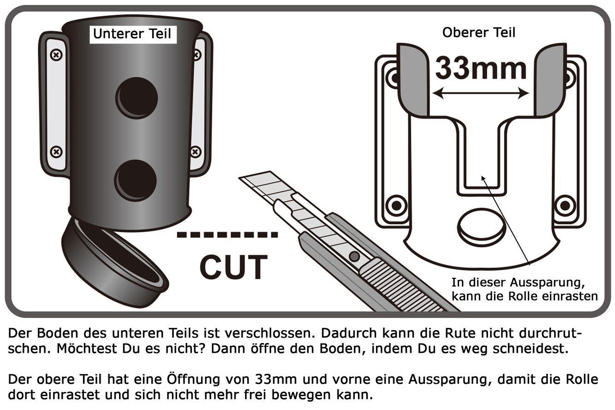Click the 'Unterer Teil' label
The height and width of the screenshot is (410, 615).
[132, 34]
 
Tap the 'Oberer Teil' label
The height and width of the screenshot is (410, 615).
[478, 32]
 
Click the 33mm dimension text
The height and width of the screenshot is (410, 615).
[481, 68]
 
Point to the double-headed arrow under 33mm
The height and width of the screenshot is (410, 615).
[481, 93]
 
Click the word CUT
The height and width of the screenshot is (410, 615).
[233, 267]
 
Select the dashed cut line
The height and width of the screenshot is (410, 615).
[227, 235]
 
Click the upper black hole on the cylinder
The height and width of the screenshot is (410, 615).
[137, 98]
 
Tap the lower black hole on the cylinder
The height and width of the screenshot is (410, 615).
[136, 181]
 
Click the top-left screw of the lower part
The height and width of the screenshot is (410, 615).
[56, 55]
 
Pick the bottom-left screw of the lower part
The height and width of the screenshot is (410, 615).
[56, 152]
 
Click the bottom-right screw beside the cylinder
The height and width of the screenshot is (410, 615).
[195, 152]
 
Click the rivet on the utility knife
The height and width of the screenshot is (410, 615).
[354, 257]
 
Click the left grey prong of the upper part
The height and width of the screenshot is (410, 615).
[413, 80]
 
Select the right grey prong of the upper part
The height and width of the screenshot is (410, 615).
[550, 80]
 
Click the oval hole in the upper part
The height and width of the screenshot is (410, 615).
[481, 227]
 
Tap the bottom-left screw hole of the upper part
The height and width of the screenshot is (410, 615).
[396, 205]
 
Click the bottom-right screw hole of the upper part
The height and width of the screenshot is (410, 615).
[565, 205]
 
